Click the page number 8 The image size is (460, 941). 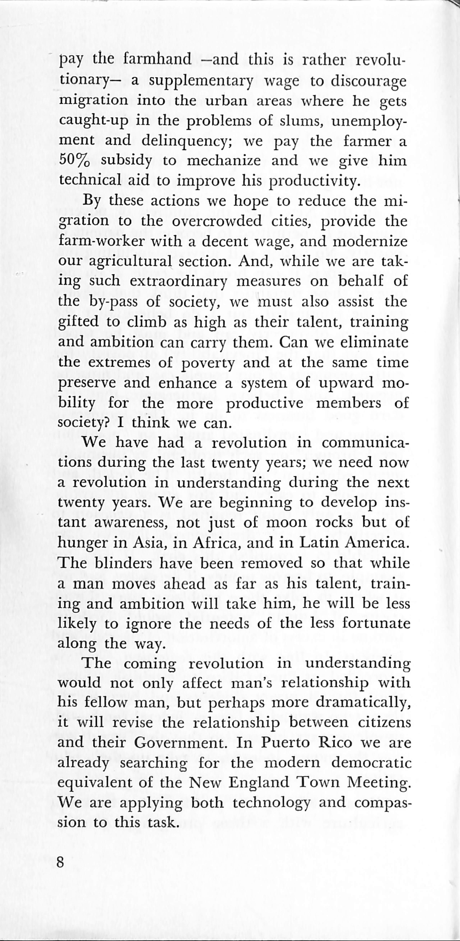pyautogui.click(x=61, y=862)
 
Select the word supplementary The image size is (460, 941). pyautogui.click(x=201, y=80)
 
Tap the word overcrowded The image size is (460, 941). pyautogui.click(x=217, y=221)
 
